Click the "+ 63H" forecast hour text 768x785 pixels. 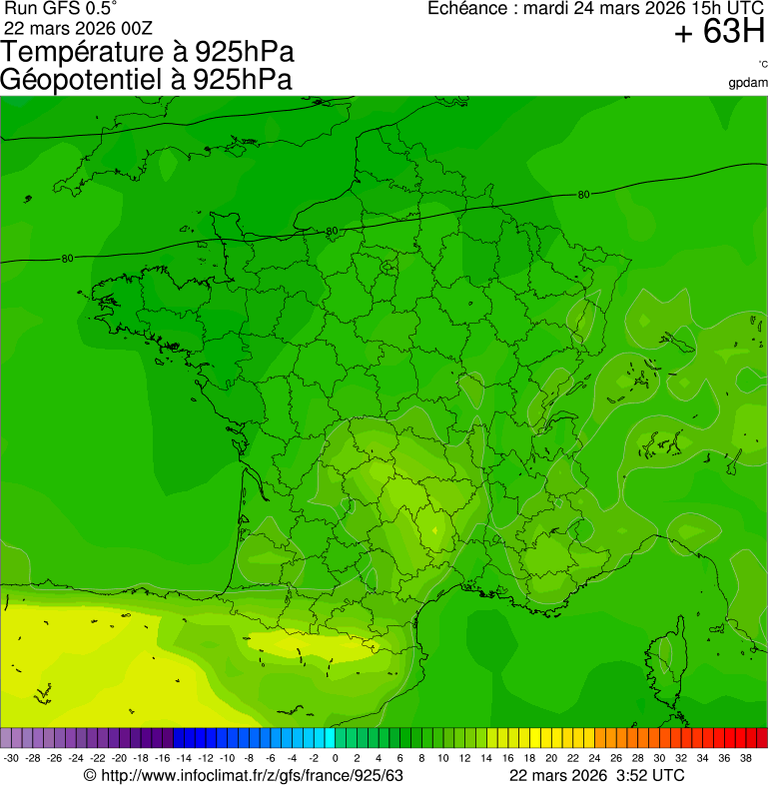pos(719,33)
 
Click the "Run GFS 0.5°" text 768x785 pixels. pos(60,8)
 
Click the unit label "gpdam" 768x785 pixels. pos(748,82)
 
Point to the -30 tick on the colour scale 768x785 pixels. pos(12,758)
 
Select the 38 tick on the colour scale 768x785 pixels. pos(745,758)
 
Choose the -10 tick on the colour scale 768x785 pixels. pos(228,758)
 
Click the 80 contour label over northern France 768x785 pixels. pos(331,232)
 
